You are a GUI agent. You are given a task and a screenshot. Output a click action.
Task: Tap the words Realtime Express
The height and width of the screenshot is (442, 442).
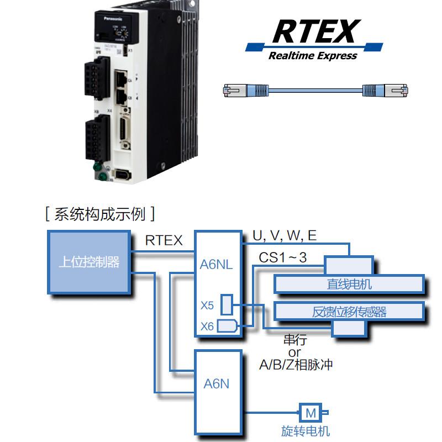click(x=313, y=55)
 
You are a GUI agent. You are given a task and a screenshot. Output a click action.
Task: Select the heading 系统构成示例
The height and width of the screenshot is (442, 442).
click(x=100, y=214)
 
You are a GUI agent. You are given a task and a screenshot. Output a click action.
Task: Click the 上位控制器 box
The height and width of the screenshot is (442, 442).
click(x=89, y=262)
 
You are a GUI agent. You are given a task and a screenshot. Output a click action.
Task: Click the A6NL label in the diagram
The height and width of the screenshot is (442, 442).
click(x=217, y=265)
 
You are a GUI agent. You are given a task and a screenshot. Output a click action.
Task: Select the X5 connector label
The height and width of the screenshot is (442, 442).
click(x=207, y=305)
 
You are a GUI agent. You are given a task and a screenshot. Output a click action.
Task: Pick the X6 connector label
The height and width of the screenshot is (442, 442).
click(x=207, y=327)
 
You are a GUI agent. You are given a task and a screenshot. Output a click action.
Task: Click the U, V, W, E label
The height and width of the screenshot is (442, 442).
click(x=285, y=236)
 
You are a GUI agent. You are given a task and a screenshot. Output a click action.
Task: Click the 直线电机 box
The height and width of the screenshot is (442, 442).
click(x=349, y=284)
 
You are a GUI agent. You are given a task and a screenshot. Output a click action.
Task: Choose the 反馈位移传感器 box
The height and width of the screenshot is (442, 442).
click(x=349, y=312)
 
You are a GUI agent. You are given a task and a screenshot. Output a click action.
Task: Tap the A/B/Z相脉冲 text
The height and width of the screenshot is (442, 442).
click(x=296, y=365)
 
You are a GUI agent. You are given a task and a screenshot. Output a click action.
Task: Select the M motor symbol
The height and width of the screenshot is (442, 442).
click(x=311, y=413)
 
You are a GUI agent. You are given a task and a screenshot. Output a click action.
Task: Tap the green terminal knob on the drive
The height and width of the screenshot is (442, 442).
click(x=97, y=167)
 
